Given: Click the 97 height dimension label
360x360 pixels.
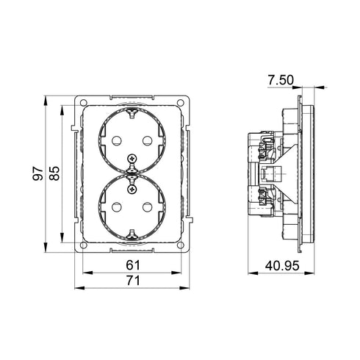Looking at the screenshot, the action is tap(37, 173).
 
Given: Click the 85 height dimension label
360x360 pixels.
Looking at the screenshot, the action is tap(54, 173).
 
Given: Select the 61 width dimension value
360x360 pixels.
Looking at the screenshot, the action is tap(133, 265).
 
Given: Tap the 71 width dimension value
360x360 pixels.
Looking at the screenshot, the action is tap(133, 281).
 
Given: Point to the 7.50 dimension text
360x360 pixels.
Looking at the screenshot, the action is tap(281, 80).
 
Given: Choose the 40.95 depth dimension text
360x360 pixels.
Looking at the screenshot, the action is tap(282, 266).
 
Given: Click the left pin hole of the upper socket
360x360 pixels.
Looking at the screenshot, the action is tap(116, 140).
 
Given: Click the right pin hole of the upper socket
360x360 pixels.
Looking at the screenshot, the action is tap(147, 140).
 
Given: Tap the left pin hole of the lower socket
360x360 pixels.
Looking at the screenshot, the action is tap(116, 207).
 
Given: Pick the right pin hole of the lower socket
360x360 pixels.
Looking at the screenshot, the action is tap(147, 207).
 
